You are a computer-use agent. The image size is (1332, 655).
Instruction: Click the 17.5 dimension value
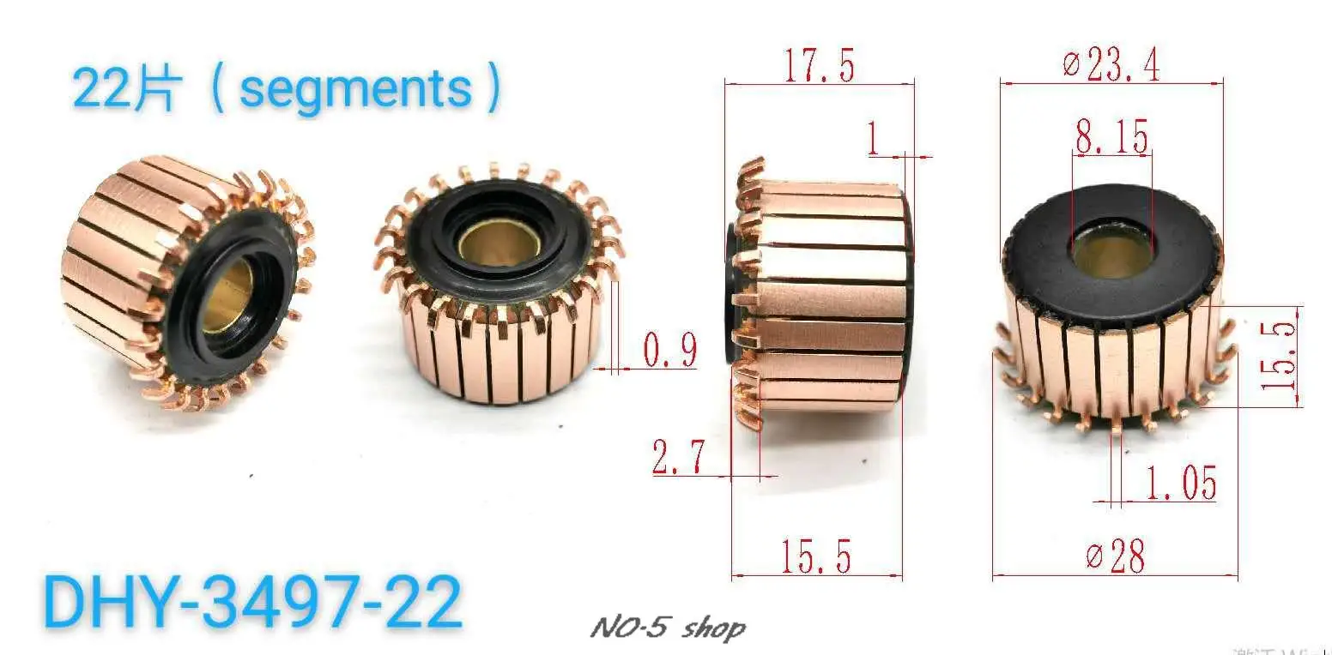click(819, 65)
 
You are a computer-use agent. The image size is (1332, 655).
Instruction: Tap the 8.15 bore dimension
click(1111, 136)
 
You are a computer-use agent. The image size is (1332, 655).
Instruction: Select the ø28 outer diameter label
click(1116, 556)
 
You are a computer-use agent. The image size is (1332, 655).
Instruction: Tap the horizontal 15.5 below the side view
click(815, 556)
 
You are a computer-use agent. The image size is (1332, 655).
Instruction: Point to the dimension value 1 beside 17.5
click(874, 140)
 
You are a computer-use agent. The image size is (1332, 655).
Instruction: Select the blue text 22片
click(124, 88)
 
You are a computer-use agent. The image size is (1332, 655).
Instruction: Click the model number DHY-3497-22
click(252, 603)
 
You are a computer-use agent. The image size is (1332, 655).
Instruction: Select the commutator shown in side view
click(820, 296)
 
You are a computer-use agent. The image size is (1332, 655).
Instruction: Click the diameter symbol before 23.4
click(1069, 65)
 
